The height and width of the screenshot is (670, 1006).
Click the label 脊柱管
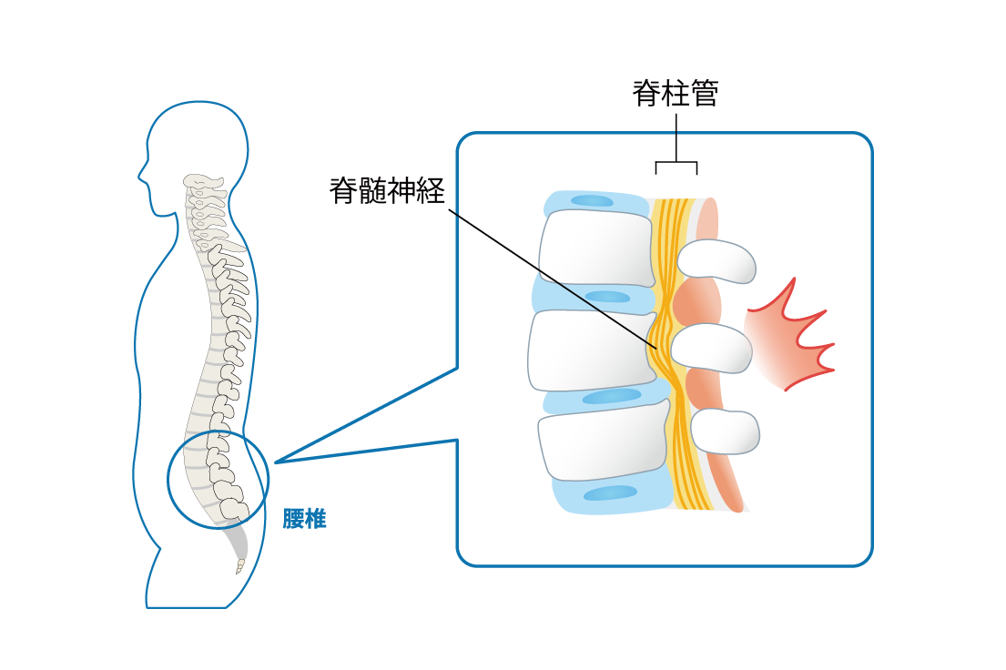coord(676,94)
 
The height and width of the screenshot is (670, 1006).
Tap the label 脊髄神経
coord(387,190)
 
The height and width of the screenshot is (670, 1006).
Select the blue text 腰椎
coord(304,521)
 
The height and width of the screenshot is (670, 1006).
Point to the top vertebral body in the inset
coord(596,249)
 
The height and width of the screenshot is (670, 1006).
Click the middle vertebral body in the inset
coord(590,350)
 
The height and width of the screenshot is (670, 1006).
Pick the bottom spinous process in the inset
coord(726,431)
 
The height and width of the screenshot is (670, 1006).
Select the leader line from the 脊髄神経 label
coord(546,273)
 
